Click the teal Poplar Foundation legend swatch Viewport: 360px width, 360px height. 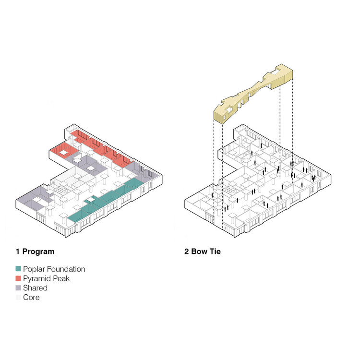[x=18, y=269]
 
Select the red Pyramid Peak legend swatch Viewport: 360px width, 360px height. [x=18, y=278]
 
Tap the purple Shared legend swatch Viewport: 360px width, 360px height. [x=18, y=288]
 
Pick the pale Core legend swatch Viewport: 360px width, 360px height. [x=18, y=297]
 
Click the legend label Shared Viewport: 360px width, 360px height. [x=35, y=288]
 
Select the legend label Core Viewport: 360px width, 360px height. [x=31, y=298]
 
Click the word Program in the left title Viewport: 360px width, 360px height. [x=38, y=252]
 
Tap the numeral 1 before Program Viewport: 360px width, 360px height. [x=18, y=252]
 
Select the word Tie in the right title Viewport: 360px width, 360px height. [x=215, y=252]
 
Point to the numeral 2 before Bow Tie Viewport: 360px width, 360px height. [x=186, y=252]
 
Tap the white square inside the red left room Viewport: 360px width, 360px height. [x=63, y=152]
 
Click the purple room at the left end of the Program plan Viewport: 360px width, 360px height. [x=32, y=198]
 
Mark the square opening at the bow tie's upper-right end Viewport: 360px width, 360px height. [x=275, y=72]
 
